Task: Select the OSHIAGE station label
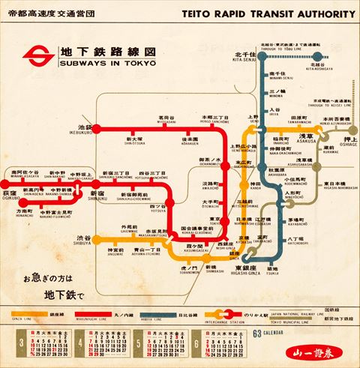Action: (343, 142)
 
